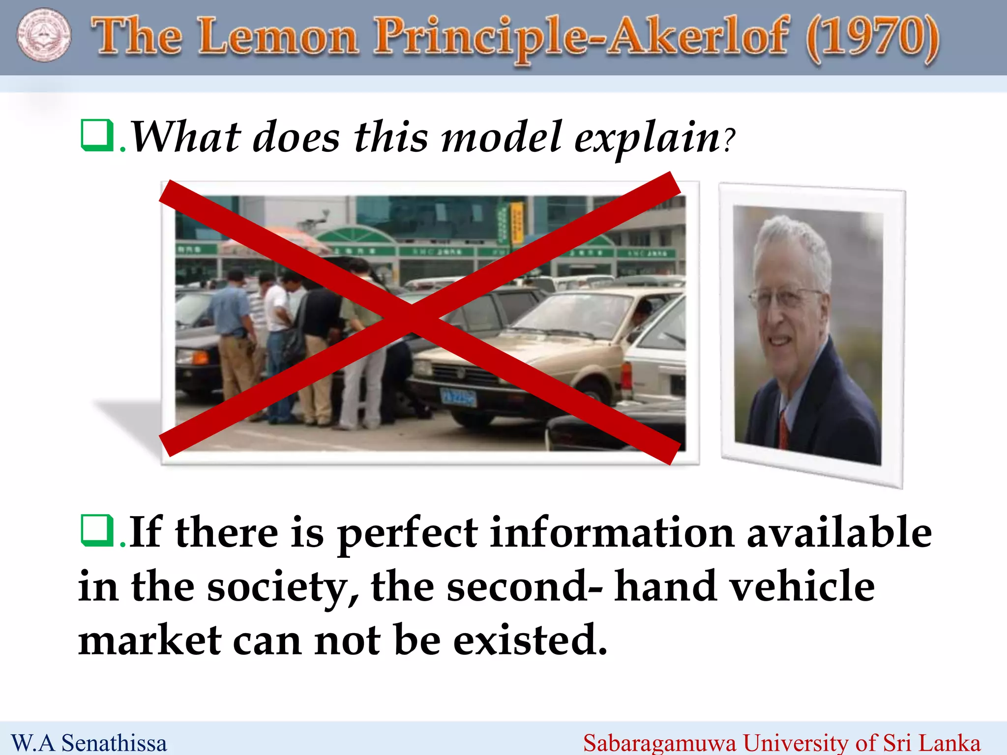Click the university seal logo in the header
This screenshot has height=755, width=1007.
click(x=44, y=35)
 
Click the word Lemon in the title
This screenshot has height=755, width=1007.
click(x=278, y=37)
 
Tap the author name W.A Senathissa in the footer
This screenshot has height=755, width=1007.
click(x=89, y=743)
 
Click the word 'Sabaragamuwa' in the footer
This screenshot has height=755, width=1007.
click(x=659, y=743)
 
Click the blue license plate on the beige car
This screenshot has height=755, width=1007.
click(x=458, y=397)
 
